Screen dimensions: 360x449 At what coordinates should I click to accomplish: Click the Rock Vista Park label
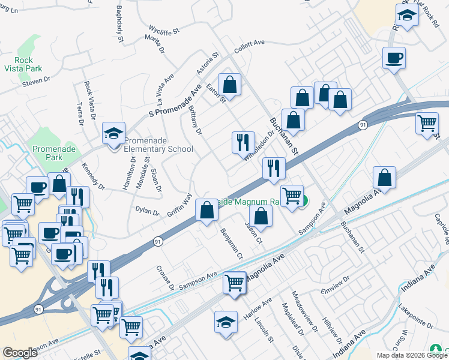24,64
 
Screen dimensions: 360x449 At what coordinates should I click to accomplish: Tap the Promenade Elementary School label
158,145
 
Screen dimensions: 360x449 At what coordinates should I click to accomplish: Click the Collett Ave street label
250,46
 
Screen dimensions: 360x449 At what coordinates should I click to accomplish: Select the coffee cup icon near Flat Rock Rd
394,59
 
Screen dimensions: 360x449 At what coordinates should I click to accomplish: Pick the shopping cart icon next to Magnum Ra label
292,196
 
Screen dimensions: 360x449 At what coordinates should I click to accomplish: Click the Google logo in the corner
20,352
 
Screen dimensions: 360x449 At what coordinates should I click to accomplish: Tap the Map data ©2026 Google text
412,355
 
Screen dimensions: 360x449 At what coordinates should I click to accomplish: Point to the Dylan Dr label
147,212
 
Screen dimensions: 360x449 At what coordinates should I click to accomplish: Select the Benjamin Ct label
231,243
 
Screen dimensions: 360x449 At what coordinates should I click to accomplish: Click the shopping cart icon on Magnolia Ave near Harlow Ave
234,283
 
